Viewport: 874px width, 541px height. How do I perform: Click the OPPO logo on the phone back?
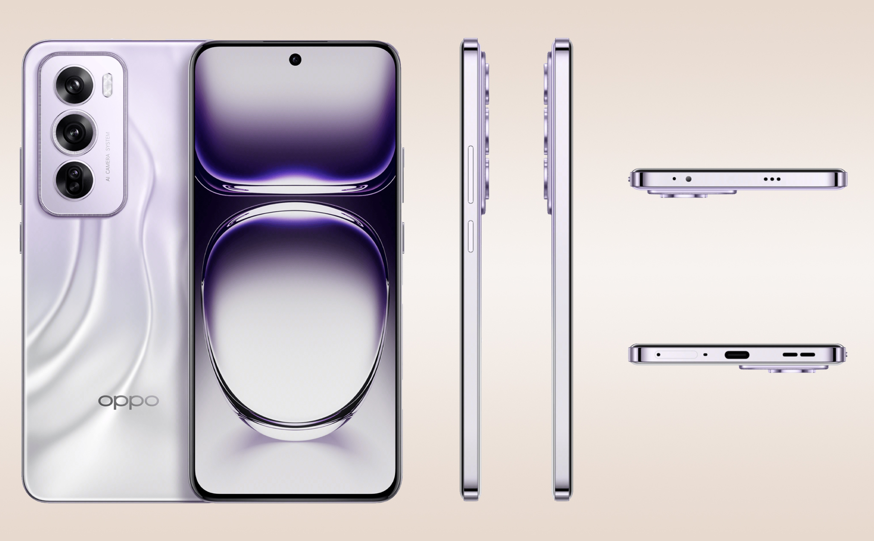pyautogui.click(x=128, y=401)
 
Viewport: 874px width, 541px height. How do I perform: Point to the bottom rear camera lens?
pyautogui.click(x=74, y=180)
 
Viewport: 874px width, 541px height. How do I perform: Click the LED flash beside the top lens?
pyautogui.click(x=108, y=85)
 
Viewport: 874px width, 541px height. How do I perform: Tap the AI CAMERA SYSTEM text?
pyautogui.click(x=108, y=157)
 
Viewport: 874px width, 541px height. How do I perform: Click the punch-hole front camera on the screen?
pyautogui.click(x=295, y=60)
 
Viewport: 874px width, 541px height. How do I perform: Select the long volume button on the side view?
pyautogui.click(x=471, y=174)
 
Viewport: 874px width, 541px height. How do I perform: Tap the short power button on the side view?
pyautogui.click(x=471, y=236)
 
